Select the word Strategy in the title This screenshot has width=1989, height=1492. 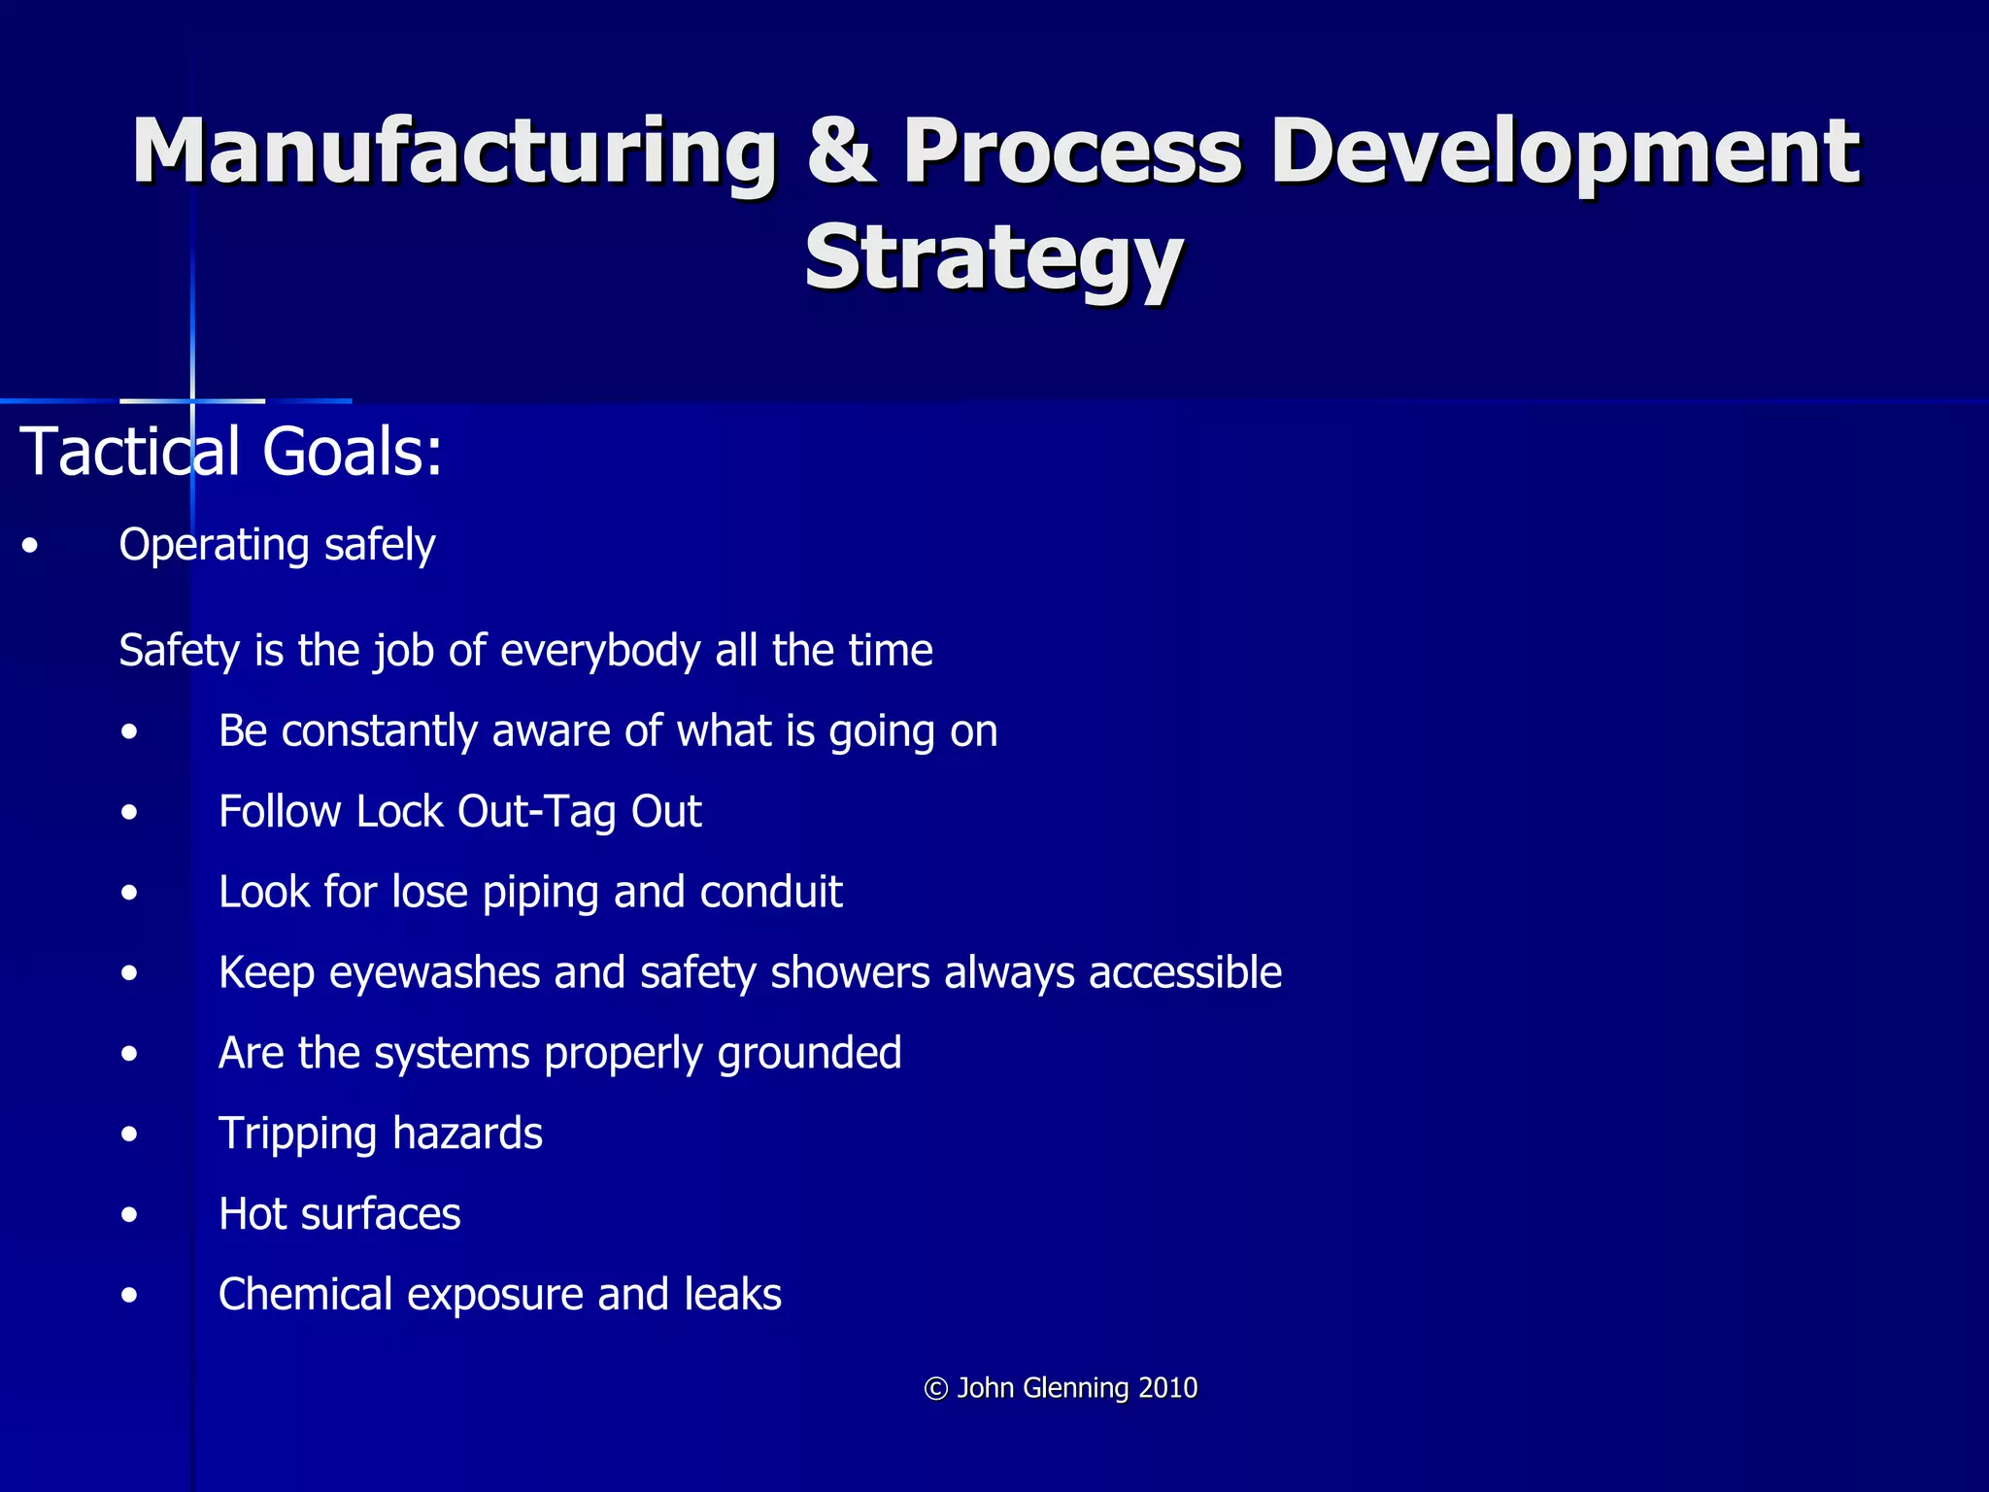[994, 257]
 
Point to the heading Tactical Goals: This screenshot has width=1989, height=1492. [231, 452]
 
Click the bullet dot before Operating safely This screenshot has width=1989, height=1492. [31, 547]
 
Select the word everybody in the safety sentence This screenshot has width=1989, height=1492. [601, 650]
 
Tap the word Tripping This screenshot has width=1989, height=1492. [298, 1135]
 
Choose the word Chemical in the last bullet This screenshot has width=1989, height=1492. [306, 1295]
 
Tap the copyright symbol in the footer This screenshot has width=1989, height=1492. [936, 1389]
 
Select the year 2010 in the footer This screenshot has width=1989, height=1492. [1167, 1388]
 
